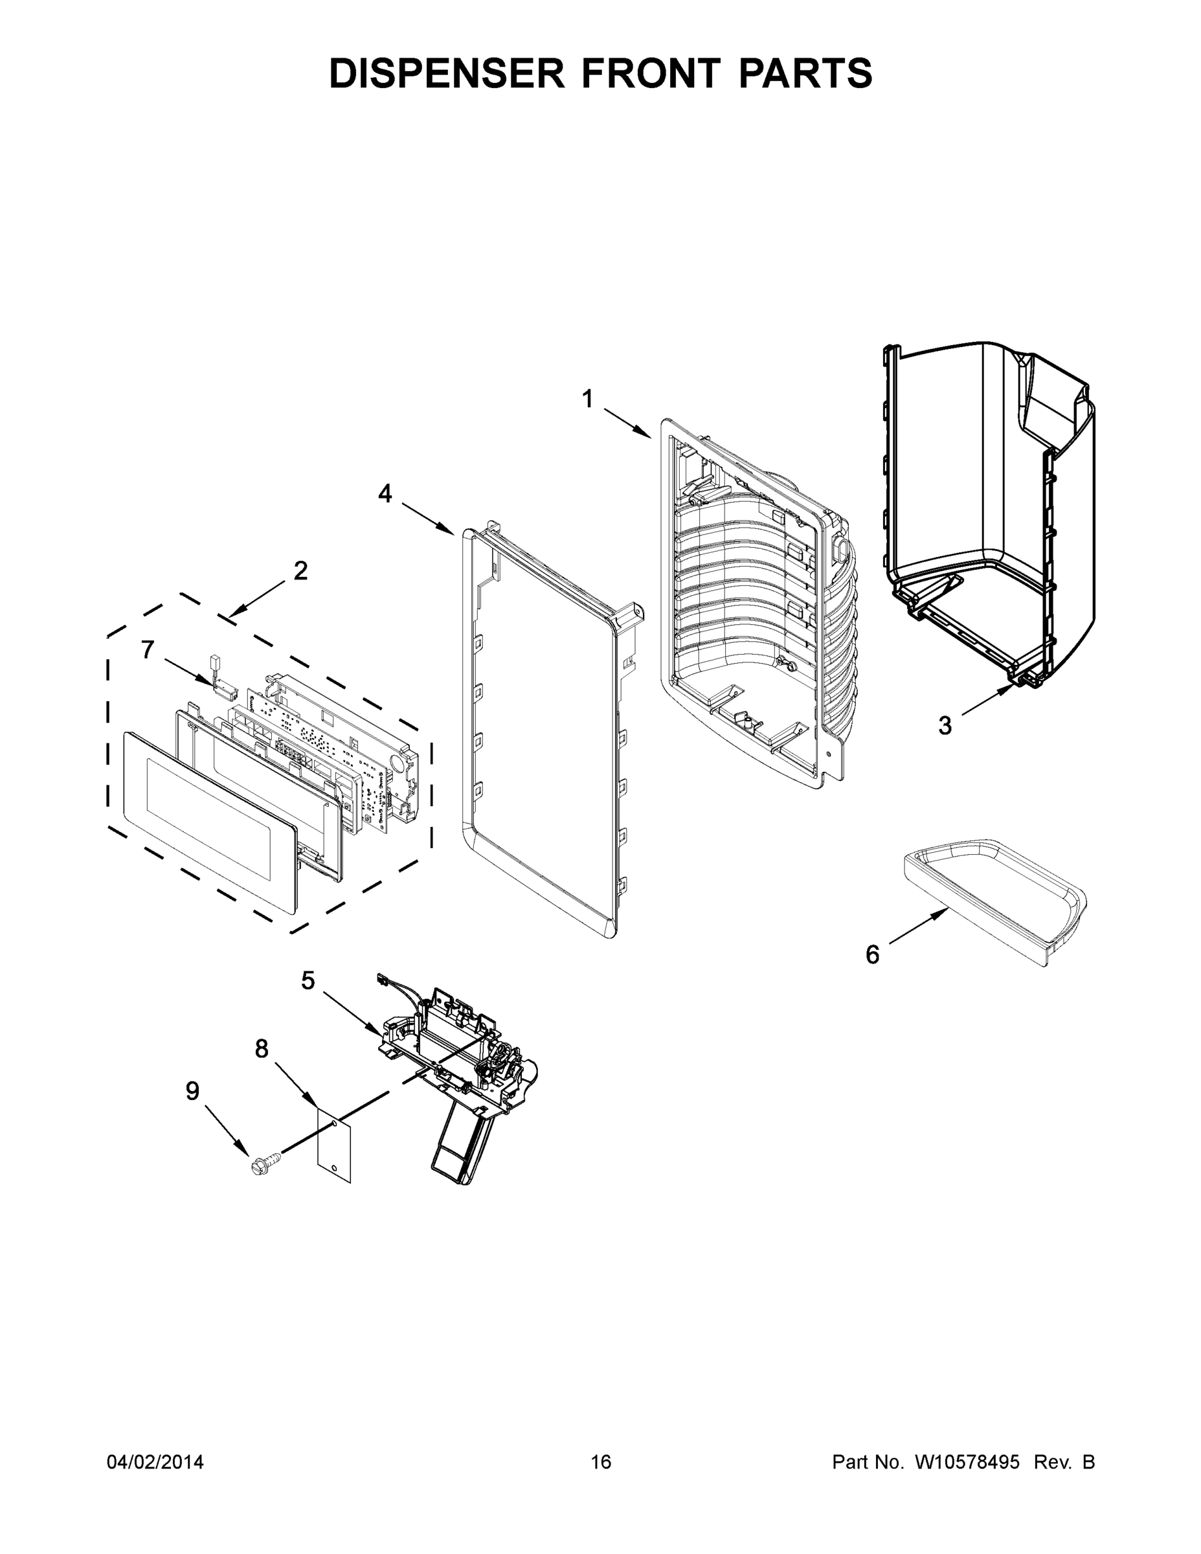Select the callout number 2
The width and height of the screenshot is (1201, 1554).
point(301,570)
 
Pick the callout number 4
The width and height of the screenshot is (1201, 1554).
point(385,493)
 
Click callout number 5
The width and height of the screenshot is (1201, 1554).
point(308,980)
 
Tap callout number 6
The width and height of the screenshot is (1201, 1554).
point(872,954)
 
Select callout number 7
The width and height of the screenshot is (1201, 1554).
point(147,649)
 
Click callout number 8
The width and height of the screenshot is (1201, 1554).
point(262,1048)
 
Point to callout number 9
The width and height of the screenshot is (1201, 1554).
point(192,1091)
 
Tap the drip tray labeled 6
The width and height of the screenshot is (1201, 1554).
point(996,901)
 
